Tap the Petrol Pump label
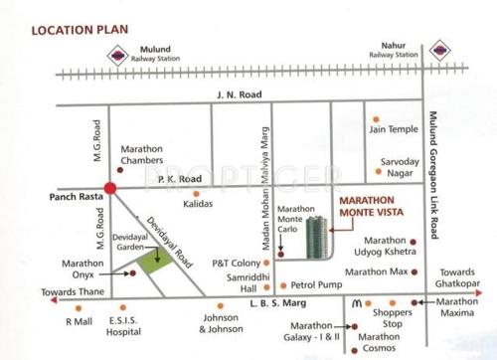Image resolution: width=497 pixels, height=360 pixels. point(315,284)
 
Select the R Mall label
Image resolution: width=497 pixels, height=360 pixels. point(77,322)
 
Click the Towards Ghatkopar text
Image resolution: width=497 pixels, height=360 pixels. point(461,277)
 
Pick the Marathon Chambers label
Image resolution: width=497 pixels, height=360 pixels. point(140,153)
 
